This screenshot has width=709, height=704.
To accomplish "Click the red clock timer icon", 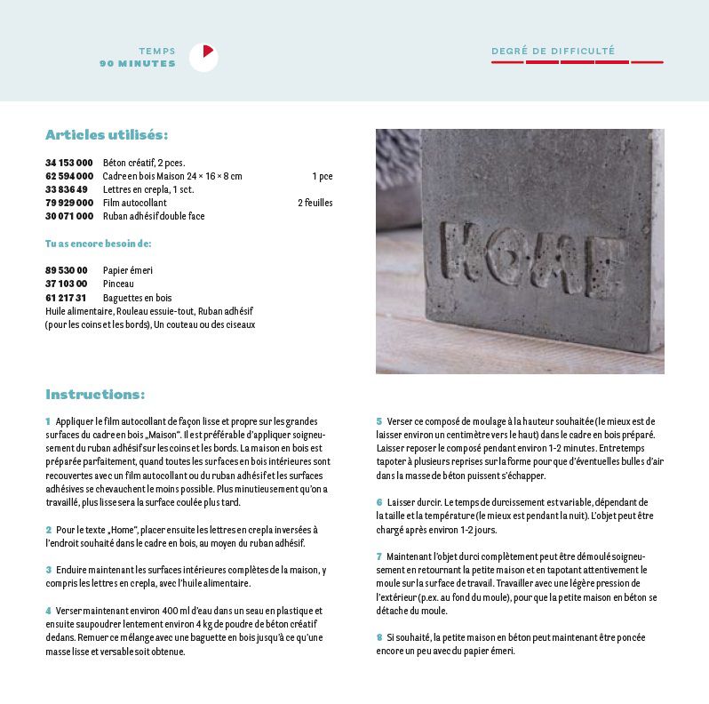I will click(x=203, y=58).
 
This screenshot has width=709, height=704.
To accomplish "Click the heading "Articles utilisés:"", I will click(x=107, y=135).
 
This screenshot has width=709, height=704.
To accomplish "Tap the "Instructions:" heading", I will click(x=95, y=395).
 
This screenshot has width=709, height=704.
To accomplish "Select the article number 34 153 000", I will click(x=69, y=163).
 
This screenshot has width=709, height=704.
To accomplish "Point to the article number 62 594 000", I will click(x=69, y=176).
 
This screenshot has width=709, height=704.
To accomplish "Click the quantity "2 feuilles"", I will click(x=315, y=203).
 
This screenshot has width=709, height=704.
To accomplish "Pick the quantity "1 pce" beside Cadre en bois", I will click(x=322, y=176).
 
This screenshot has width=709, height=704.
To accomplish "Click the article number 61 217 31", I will click(x=66, y=298).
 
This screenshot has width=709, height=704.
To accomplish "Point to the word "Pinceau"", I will click(x=118, y=284).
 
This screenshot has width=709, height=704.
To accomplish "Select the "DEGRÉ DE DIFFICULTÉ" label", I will click(x=553, y=52).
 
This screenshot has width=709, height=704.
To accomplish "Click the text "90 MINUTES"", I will click(x=138, y=64).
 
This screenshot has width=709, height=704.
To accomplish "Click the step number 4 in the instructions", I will click(x=48, y=611).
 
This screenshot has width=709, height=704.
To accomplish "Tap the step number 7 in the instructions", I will click(x=378, y=556).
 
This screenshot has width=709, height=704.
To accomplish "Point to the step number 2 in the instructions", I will click(x=48, y=529).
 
